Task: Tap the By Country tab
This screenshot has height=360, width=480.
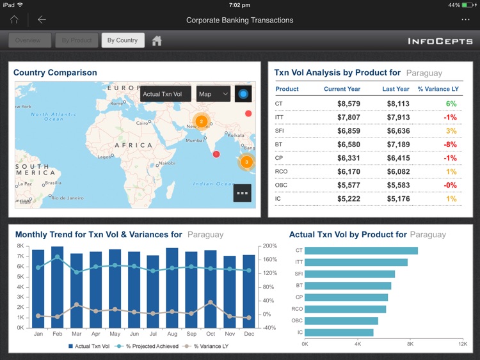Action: click(122, 40)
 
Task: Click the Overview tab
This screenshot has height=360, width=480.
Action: click(28, 40)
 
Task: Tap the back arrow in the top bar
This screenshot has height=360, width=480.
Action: click(42, 20)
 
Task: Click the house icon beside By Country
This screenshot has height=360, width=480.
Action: click(157, 41)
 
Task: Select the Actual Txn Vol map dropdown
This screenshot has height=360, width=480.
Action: click(165, 94)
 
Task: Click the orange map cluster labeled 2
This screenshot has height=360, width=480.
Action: click(201, 121)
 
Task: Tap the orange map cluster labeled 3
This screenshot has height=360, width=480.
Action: click(246, 162)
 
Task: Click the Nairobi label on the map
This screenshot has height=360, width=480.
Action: click(166, 163)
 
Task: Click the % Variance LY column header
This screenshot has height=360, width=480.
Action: click(437, 90)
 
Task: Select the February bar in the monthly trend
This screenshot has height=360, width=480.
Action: click(58, 286)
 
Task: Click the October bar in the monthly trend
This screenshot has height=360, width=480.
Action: click(211, 288)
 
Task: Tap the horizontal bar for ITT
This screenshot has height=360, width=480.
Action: click(356, 262)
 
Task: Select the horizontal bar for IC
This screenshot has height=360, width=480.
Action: click(339, 333)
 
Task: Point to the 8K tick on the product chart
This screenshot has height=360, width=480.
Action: click(410, 344)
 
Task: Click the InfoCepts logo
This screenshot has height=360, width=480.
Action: click(440, 42)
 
